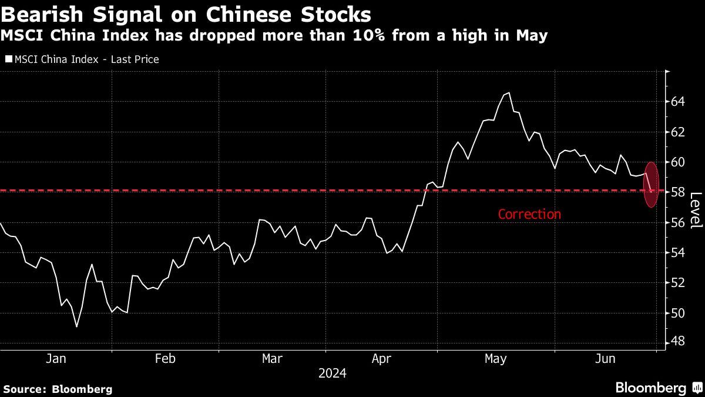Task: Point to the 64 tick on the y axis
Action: click(x=678, y=102)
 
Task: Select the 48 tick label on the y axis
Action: click(x=678, y=342)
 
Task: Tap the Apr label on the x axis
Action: click(x=382, y=358)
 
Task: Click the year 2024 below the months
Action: click(x=332, y=373)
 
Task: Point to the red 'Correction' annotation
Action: click(x=529, y=214)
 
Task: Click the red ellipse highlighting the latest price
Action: click(x=651, y=184)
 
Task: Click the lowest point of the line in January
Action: click(x=76, y=326)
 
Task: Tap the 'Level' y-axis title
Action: click(x=695, y=211)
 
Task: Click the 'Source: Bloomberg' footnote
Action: click(x=58, y=389)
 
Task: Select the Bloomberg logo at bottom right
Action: click(x=650, y=388)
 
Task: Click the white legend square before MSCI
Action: click(x=8, y=59)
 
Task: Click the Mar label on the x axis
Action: click(x=272, y=358)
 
